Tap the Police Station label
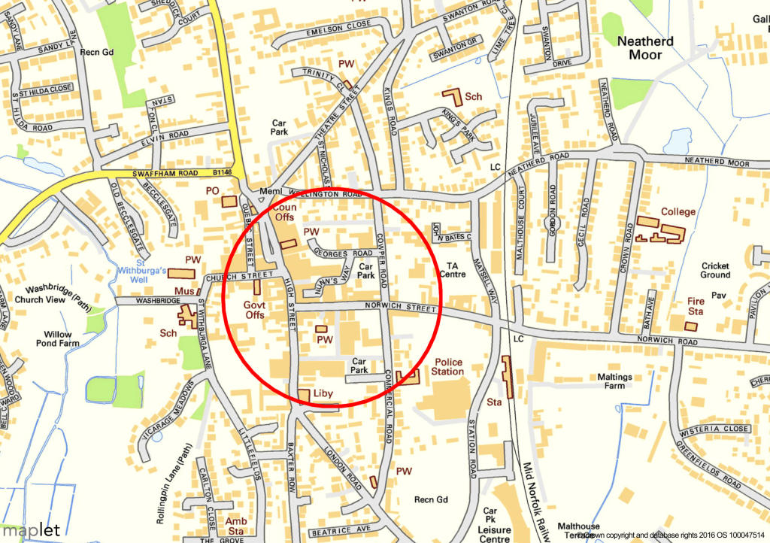(x=447, y=367)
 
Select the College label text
(x=678, y=212)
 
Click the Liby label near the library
(x=323, y=393)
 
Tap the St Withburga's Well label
(x=141, y=274)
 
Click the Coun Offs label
(x=285, y=212)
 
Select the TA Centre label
(x=452, y=269)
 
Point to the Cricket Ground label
(x=715, y=270)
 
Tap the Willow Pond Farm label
(x=57, y=338)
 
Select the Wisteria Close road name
(x=714, y=429)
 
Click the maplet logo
(x=29, y=529)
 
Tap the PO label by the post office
(x=212, y=192)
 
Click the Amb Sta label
(x=236, y=526)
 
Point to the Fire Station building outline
(x=691, y=326)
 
